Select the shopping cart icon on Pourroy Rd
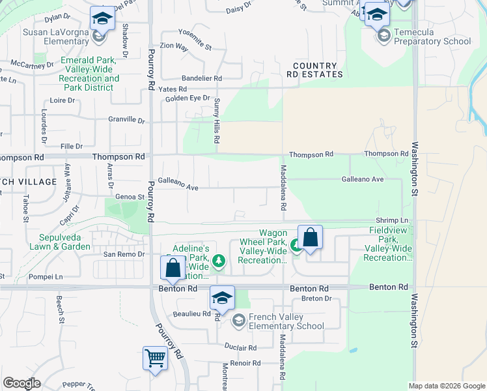point(155,358)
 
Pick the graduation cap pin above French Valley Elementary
point(222,298)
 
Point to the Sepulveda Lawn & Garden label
point(46,242)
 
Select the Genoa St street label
point(130,197)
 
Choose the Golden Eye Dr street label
point(188,98)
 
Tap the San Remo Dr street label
point(123,254)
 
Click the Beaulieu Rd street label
point(193,314)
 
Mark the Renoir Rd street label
point(245,363)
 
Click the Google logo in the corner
point(21,383)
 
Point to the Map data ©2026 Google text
point(446,386)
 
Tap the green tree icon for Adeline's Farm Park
point(219,262)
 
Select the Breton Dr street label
point(316,298)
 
